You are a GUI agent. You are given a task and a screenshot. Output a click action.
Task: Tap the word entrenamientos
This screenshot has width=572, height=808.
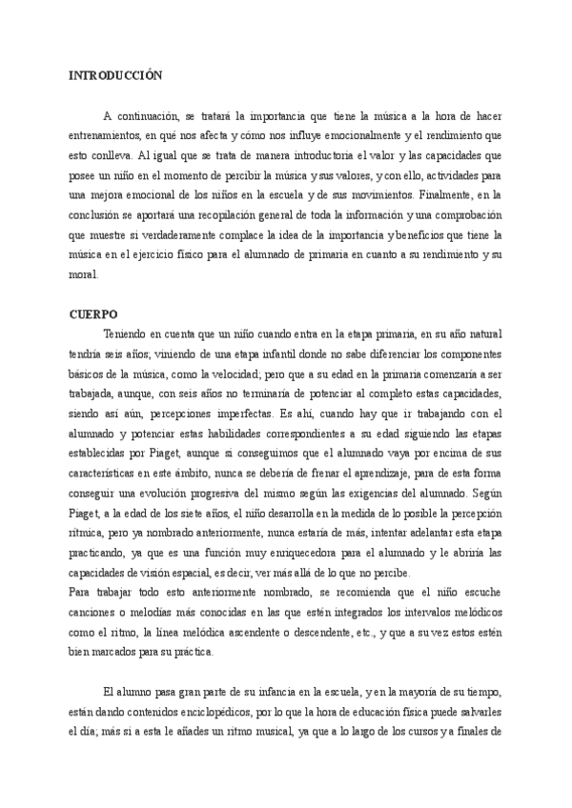(111, 135)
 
